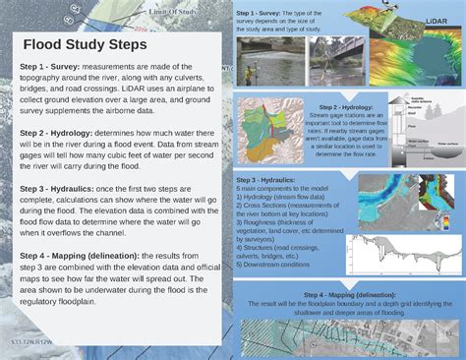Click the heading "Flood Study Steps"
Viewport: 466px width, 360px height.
click(86, 45)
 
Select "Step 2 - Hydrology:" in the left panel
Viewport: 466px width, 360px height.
click(58, 132)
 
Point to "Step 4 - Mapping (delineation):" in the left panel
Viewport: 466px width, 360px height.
click(85, 255)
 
